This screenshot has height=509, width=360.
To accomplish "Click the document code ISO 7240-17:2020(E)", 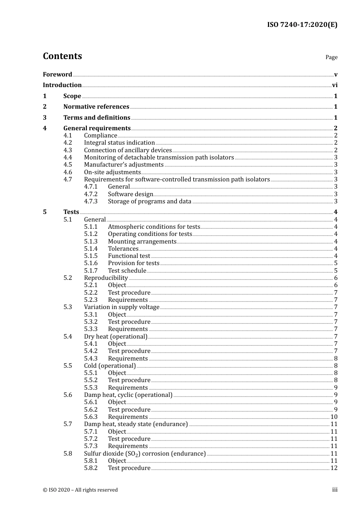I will [x=302, y=25].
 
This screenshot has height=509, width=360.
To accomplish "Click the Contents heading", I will [x=62, y=56].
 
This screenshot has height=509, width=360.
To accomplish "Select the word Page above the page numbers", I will [x=331, y=57].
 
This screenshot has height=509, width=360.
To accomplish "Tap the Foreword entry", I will [x=57, y=75].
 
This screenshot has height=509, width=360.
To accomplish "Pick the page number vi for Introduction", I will [x=335, y=85].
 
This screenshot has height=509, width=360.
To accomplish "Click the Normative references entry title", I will [x=96, y=107].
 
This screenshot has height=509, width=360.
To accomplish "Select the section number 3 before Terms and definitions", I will [x=45, y=118].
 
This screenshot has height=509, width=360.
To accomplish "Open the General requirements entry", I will [x=97, y=128].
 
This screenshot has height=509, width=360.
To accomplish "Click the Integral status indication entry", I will [x=119, y=143].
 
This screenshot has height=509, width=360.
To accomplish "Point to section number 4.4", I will [x=67, y=158].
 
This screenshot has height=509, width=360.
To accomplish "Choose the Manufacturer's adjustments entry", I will [x=124, y=165].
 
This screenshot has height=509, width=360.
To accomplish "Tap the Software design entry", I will [x=130, y=194].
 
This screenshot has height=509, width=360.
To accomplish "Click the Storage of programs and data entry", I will [x=150, y=201].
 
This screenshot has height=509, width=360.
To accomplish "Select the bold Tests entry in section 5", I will [x=71, y=212].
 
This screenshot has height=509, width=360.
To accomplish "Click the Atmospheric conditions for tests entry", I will [x=154, y=227].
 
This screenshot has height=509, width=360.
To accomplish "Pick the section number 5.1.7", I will [x=91, y=271].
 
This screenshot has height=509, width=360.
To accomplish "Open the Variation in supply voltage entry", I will [x=122, y=307].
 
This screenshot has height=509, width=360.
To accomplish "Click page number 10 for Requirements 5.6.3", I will [x=334, y=417].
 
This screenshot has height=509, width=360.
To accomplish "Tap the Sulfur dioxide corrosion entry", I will [x=145, y=454].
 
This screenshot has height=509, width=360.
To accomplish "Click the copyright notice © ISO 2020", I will [x=80, y=490].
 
